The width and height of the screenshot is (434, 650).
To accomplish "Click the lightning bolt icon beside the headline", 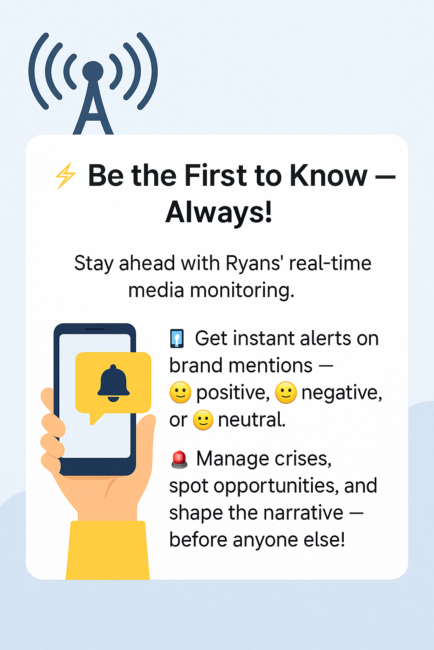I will pos(65,176).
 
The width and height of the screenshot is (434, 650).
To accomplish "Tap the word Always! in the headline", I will pos(219,212).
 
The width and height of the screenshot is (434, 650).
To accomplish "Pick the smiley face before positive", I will pos(180,393).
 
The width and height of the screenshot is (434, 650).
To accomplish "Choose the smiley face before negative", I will pos(286,393).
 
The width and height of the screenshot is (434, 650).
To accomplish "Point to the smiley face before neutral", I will pos(203,420).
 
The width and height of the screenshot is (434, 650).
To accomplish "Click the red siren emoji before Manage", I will pos(179,459).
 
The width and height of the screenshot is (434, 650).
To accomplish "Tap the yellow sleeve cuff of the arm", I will pos(108,550).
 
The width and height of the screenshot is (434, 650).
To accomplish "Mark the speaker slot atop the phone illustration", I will pos(95,329).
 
